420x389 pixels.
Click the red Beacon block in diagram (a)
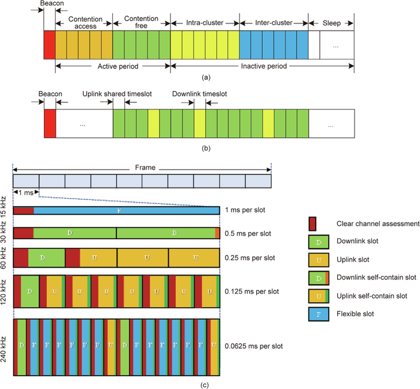[x=49, y=44]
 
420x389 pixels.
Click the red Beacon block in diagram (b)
[x=49, y=124]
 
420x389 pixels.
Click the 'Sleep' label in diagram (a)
[x=331, y=23]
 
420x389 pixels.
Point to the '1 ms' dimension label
[x=26, y=192]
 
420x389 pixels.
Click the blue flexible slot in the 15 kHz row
[x=127, y=210]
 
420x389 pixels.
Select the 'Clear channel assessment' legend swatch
[x=312, y=224]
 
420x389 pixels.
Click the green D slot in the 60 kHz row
[x=43, y=257]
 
